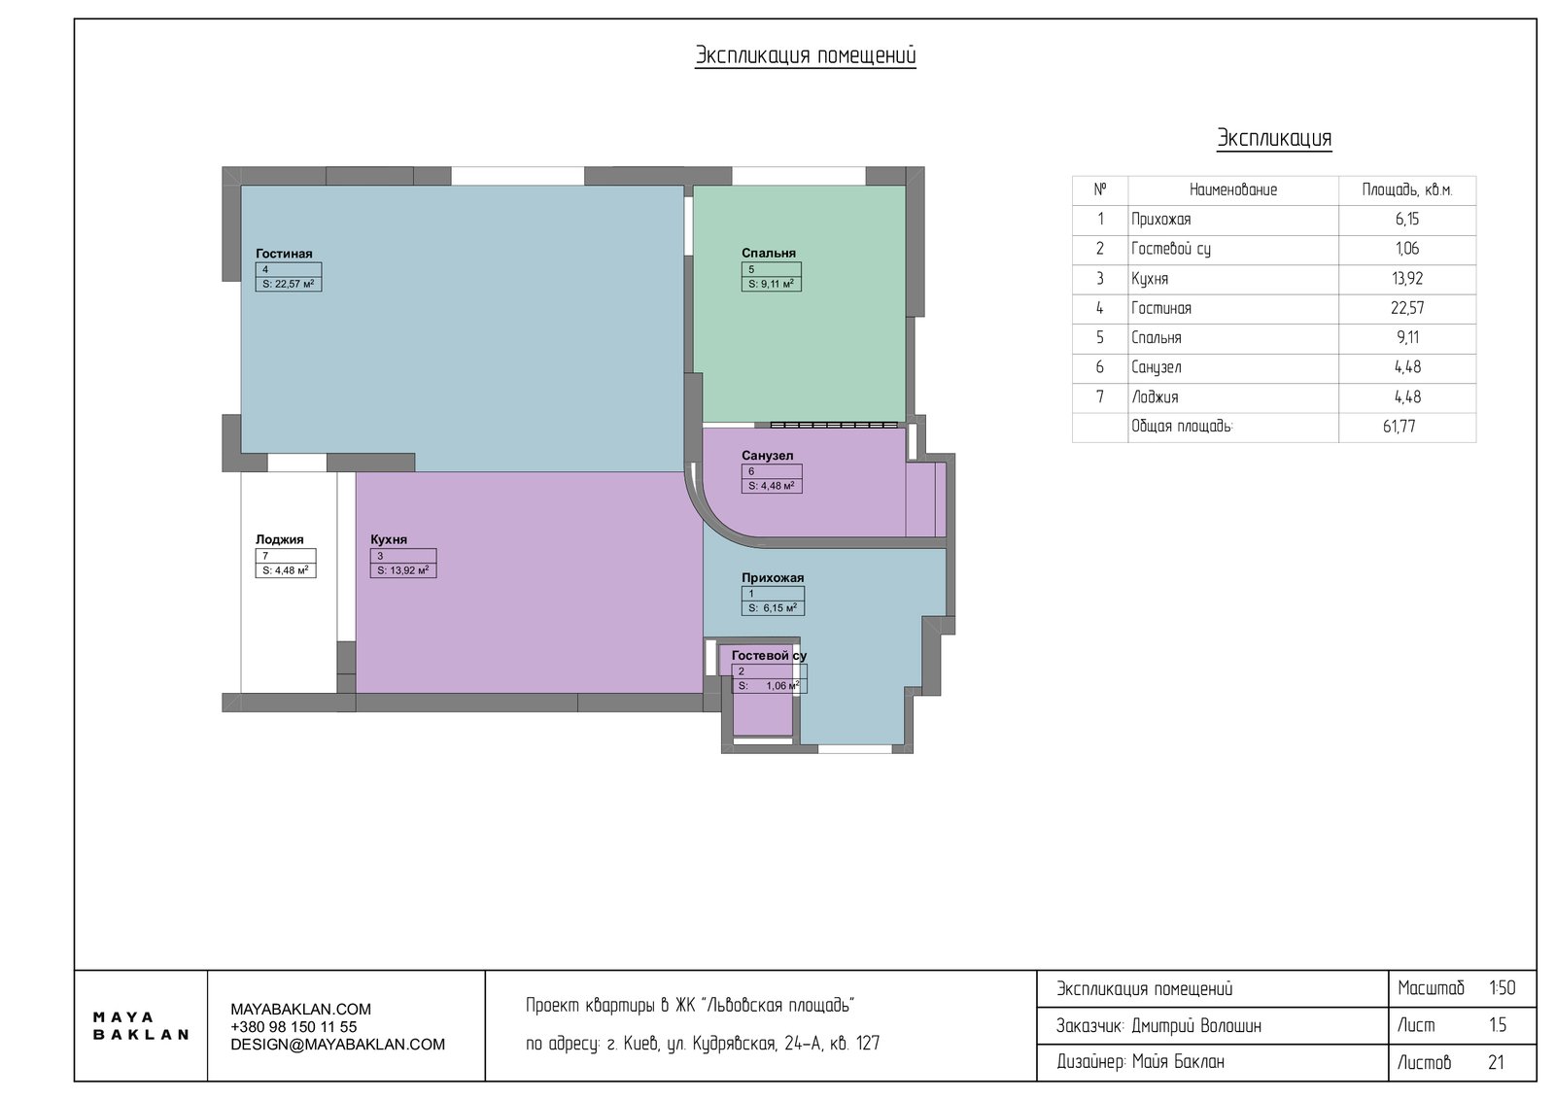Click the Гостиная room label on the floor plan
[284, 254]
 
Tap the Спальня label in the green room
[769, 254]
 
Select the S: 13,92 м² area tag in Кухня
[403, 570]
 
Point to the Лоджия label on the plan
[280, 539]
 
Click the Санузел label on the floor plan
[767, 456]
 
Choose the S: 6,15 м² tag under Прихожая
[774, 608]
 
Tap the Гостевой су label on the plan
[769, 656]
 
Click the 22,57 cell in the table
[1407, 308]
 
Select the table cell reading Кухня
[1150, 279]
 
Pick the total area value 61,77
[1399, 427]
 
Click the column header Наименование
[1233, 190]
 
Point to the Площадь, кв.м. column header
[1407, 190]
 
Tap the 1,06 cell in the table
[1407, 249]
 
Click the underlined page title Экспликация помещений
[806, 56]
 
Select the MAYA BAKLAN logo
[141, 1026]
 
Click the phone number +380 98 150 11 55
[294, 1027]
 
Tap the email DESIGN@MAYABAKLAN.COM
[337, 1045]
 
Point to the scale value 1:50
[1503, 988]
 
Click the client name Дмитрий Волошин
[1196, 1026]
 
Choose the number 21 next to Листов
[1496, 1062]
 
